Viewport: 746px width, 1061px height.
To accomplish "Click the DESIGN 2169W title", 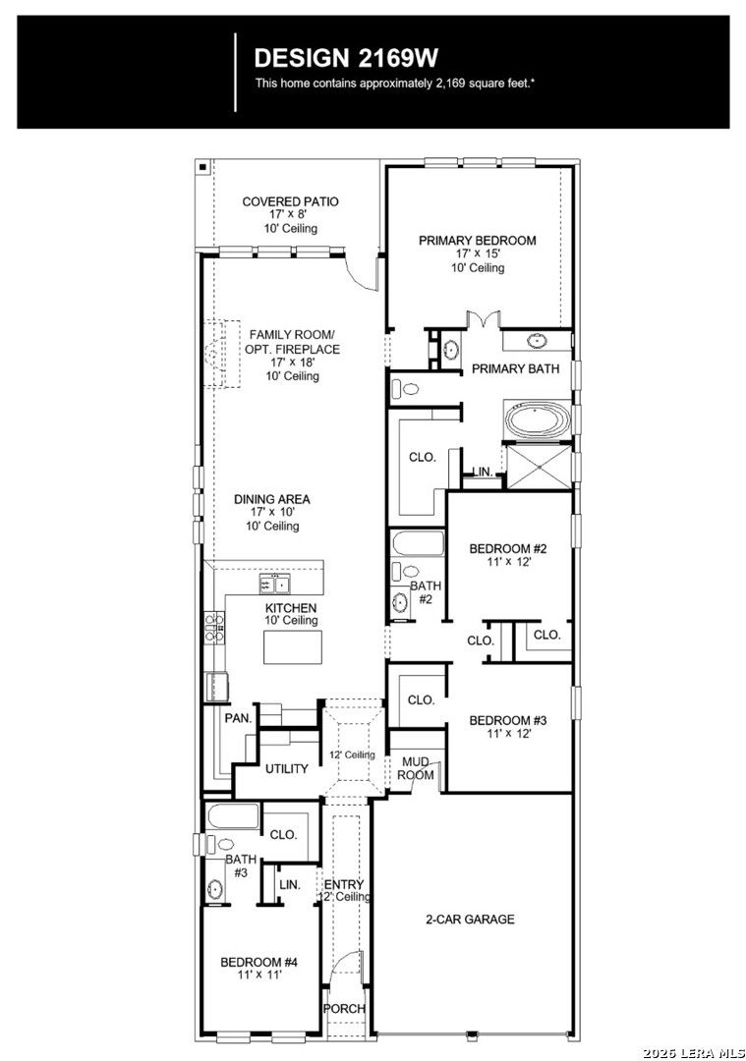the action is point(346,58).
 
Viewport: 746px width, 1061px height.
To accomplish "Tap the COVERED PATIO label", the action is point(290,201).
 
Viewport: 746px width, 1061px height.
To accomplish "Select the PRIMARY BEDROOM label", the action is point(478,241).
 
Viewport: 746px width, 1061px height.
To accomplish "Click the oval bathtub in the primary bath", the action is point(538,420).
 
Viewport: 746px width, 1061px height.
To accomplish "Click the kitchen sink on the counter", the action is point(275,584).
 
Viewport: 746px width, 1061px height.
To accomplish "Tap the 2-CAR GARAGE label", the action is point(470,919).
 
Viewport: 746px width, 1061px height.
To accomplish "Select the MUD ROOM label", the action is point(416,768).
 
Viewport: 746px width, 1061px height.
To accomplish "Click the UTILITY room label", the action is point(286,768).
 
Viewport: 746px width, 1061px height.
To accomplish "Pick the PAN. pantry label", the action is point(238,718).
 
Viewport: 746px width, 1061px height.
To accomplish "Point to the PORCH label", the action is point(345,1008).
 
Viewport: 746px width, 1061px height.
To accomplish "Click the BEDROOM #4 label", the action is point(259,962).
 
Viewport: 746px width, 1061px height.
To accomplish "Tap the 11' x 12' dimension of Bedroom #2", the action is point(508,562).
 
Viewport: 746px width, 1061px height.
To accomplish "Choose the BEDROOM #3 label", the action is point(508,721).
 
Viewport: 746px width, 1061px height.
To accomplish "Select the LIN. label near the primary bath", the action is point(482,471).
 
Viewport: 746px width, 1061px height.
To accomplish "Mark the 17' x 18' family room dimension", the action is point(292,362).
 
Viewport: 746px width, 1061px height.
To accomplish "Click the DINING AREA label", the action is point(272,499).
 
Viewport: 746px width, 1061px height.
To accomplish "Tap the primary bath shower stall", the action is point(539,466).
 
